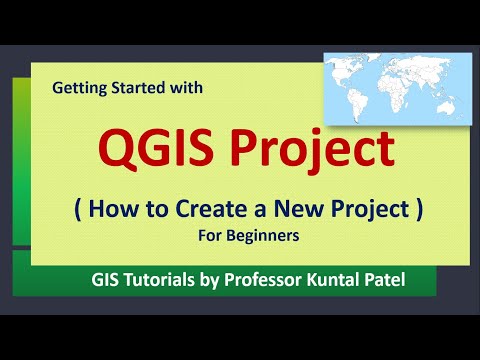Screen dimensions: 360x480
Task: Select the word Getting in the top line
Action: [79, 88]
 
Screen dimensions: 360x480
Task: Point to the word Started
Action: [142, 88]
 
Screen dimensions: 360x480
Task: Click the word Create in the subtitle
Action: [221, 211]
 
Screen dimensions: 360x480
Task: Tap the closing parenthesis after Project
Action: [420, 212]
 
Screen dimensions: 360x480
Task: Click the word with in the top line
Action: [189, 88]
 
